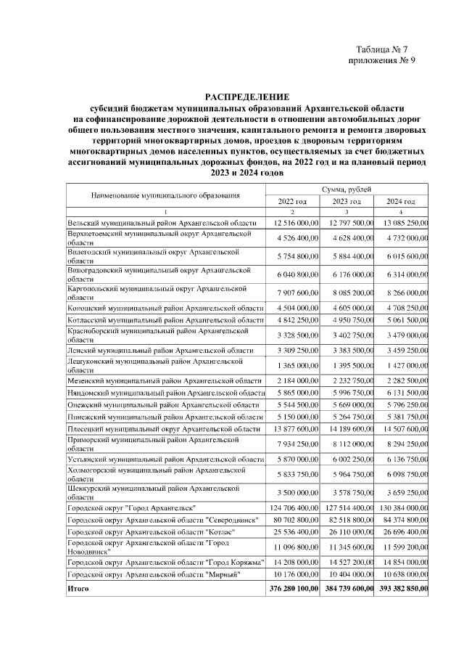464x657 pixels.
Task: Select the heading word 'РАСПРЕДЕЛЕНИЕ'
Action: click(x=246, y=97)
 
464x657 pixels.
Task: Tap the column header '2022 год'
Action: click(x=293, y=201)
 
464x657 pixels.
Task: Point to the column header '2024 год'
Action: click(x=401, y=201)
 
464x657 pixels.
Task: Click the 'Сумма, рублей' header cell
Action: click(x=348, y=189)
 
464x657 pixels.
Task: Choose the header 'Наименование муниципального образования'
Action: click(x=165, y=195)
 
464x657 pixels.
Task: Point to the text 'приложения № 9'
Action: click(x=381, y=61)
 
